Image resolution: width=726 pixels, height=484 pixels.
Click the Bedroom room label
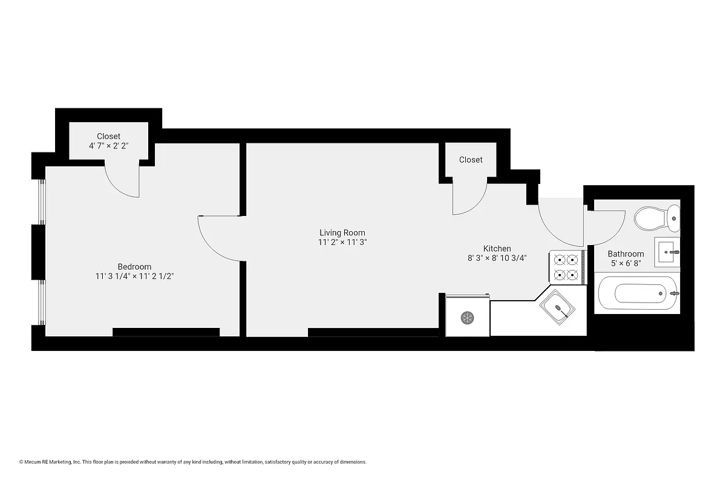click(x=134, y=267)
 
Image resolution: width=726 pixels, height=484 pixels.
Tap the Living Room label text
click(x=342, y=233)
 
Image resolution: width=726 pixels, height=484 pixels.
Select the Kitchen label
click(x=497, y=249)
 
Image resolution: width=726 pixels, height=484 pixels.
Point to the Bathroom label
click(x=626, y=254)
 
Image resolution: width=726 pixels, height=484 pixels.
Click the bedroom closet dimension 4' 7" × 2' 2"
click(x=109, y=146)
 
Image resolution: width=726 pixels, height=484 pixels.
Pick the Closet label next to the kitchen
click(x=471, y=160)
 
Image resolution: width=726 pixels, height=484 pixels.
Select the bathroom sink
click(x=668, y=250)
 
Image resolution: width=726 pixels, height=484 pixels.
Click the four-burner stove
click(x=566, y=267)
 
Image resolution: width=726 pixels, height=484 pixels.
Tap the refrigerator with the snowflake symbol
click(x=467, y=316)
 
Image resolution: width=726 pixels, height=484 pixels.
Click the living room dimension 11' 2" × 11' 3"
click(x=343, y=243)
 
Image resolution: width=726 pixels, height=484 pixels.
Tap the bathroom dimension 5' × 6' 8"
click(x=626, y=264)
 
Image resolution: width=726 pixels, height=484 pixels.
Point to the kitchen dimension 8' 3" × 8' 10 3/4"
click(x=497, y=258)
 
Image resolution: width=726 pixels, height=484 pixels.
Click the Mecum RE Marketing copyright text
click(x=193, y=462)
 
